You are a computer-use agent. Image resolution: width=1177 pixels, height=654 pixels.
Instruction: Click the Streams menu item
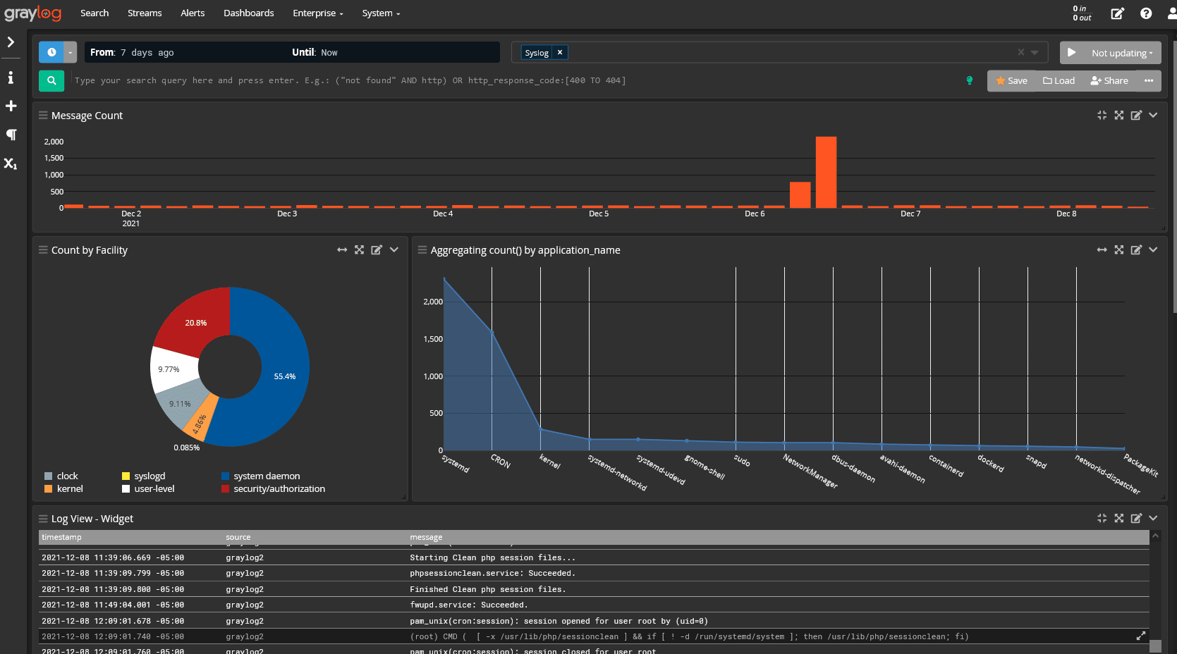click(x=145, y=13)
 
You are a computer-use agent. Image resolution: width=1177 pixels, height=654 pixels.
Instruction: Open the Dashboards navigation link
click(x=248, y=13)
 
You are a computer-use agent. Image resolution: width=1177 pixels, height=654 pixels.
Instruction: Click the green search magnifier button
click(x=51, y=81)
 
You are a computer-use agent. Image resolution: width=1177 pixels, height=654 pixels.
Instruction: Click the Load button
click(x=1059, y=81)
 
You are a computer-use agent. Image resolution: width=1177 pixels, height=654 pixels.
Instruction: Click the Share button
click(x=1109, y=81)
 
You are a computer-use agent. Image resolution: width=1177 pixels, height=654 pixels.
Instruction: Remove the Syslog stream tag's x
click(x=560, y=53)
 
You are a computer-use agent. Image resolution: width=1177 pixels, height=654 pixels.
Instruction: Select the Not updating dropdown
click(x=1121, y=53)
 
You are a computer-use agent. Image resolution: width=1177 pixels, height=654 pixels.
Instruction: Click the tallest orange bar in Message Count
click(x=826, y=173)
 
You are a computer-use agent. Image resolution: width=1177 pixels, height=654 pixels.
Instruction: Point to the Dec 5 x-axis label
click(x=599, y=214)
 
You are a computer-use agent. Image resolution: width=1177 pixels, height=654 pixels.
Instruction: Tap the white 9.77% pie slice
click(x=171, y=369)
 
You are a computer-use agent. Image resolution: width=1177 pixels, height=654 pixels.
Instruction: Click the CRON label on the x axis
click(x=500, y=461)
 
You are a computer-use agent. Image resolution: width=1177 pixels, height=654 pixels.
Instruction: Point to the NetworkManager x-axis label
click(x=810, y=471)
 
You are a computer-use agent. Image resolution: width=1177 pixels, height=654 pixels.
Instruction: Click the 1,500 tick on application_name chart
click(x=432, y=339)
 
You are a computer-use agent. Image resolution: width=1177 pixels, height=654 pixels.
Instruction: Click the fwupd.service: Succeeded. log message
click(x=468, y=605)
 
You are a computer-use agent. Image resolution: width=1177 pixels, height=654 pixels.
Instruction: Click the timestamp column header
click(x=61, y=537)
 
